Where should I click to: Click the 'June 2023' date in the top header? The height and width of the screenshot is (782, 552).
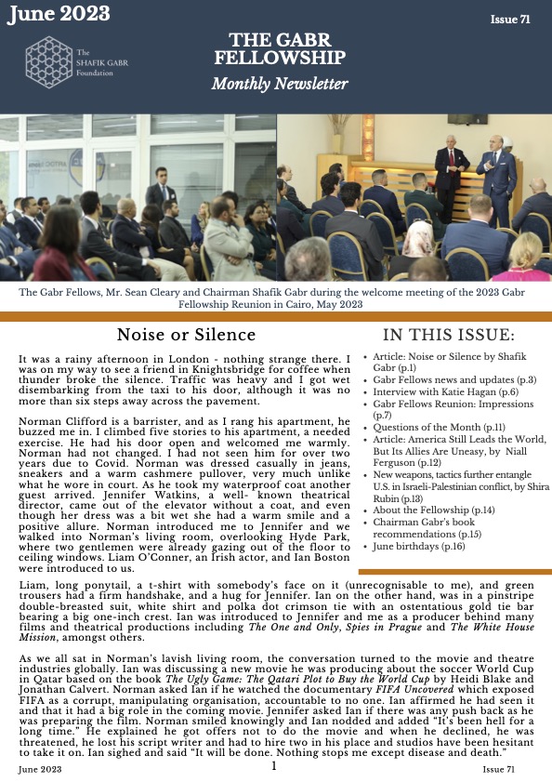[58, 14]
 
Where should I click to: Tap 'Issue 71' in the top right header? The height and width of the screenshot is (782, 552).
[511, 20]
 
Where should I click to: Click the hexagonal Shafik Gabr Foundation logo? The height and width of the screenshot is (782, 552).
[47, 62]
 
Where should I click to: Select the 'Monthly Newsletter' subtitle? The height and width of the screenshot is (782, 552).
[279, 85]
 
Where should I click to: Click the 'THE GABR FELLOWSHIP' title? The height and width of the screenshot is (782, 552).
[279, 48]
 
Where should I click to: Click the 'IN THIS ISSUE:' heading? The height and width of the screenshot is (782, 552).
[448, 335]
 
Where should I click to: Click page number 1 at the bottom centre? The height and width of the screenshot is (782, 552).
[275, 766]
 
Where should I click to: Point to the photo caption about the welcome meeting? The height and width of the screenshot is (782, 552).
[276, 298]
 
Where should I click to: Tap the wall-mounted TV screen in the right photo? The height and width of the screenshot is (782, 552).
[467, 119]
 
